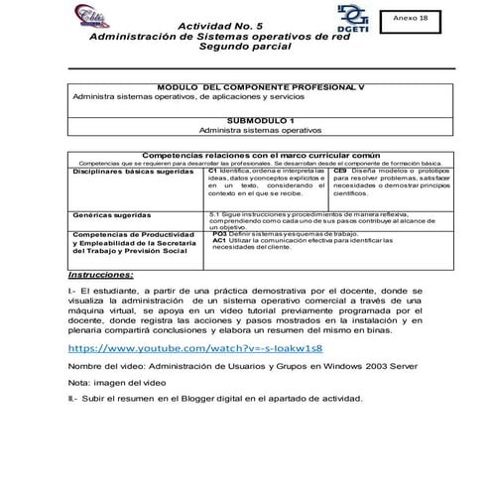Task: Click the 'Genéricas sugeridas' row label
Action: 110,214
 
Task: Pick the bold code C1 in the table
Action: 213,172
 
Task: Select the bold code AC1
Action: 219,240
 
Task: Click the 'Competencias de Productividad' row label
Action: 132,234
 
